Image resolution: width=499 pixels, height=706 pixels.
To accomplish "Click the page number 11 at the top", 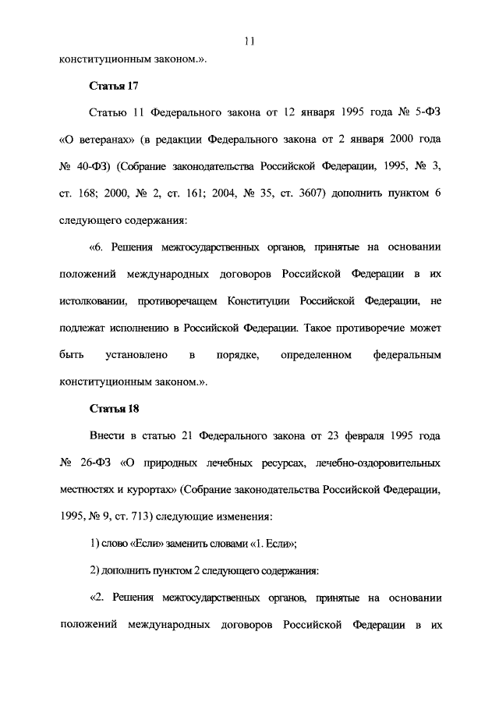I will point(249,41).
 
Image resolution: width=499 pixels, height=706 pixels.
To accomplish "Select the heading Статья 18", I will point(114,408).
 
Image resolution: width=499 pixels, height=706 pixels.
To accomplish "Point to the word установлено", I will point(136,355).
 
